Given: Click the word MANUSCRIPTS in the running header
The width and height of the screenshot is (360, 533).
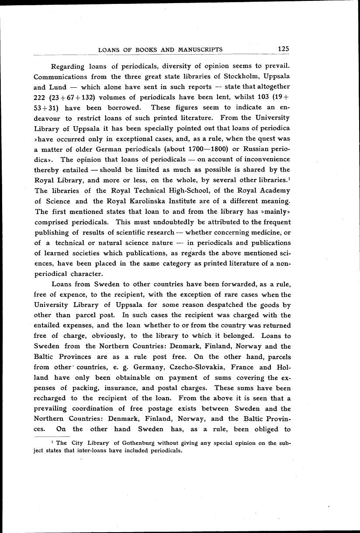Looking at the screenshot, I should pyautogui.click(x=201, y=50).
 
